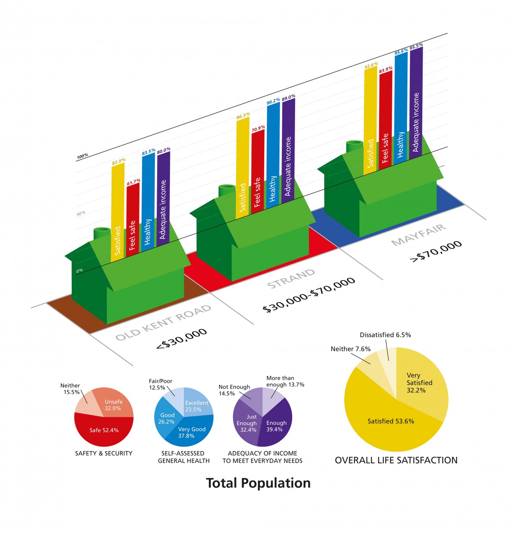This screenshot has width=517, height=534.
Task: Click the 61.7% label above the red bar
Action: pyautogui.click(x=134, y=181)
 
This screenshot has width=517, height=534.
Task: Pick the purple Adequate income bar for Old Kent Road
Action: pyautogui.click(x=163, y=197)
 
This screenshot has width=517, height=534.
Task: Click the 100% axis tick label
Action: pyautogui.click(x=82, y=156)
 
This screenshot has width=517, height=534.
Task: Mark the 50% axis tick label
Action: pyautogui.click(x=81, y=213)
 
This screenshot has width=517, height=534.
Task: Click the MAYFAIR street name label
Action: pyautogui.click(x=419, y=236)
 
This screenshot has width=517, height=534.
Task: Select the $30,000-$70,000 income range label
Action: pyautogui.click(x=309, y=295)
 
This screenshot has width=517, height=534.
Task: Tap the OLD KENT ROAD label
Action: pyautogui.click(x=163, y=323)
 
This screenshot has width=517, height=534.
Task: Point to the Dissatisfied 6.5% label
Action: pyautogui.click(x=385, y=335)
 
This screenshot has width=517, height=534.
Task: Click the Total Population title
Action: pyautogui.click(x=258, y=483)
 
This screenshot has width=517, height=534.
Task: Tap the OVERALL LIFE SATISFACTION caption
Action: pyautogui.click(x=396, y=460)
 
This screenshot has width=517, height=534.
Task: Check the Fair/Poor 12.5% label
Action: pyautogui.click(x=160, y=384)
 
